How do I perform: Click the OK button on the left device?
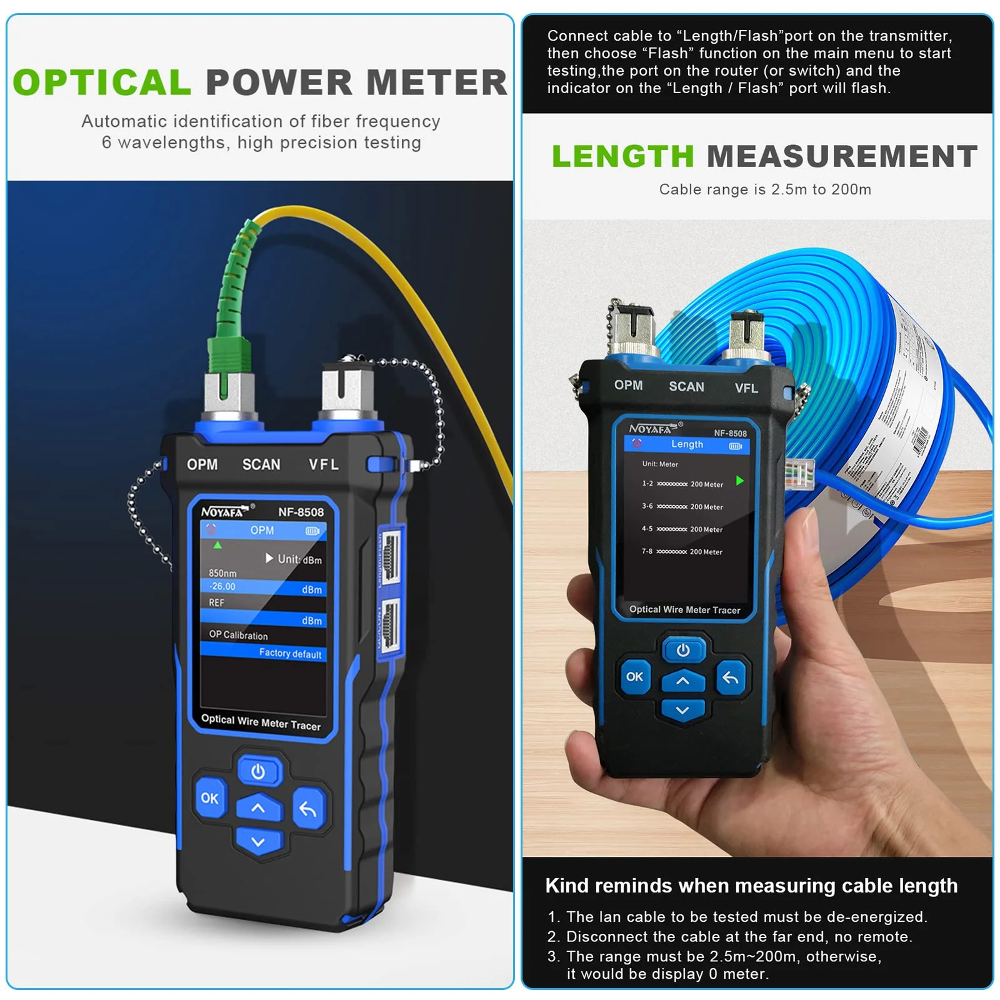pyautogui.click(x=209, y=798)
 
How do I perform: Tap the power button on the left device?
pyautogui.click(x=258, y=771)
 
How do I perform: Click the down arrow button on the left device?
pyautogui.click(x=258, y=842)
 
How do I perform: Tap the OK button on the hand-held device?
pyautogui.click(x=634, y=676)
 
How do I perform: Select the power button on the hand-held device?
pyautogui.click(x=683, y=650)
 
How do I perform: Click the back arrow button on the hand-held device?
pyautogui.click(x=731, y=677)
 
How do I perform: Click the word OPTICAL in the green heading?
pyautogui.click(x=102, y=82)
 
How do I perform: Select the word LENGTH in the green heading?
pyautogui.click(x=622, y=156)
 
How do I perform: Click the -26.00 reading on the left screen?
pyautogui.click(x=222, y=586)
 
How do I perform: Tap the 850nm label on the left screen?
pyautogui.click(x=222, y=572)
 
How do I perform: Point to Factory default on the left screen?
pyautogui.click(x=290, y=653)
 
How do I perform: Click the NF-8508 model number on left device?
pyautogui.click(x=301, y=512)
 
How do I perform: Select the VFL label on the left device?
pyautogui.click(x=324, y=464)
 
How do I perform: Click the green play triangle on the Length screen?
pyautogui.click(x=740, y=481)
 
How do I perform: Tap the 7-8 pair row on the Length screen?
pyautogui.click(x=682, y=551)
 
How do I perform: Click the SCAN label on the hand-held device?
pyautogui.click(x=686, y=386)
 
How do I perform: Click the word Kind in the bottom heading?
pyautogui.click(x=567, y=886)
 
